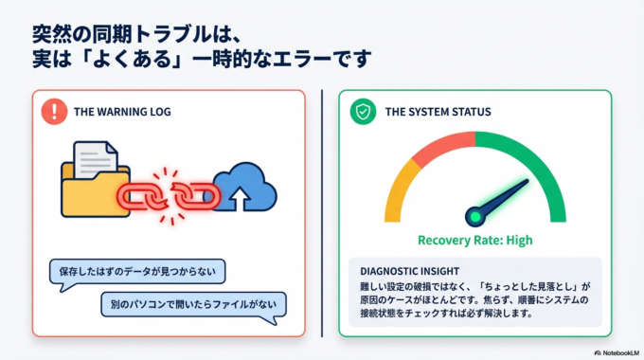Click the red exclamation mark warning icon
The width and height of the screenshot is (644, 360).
coord(56,111)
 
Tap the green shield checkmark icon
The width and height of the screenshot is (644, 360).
coord(361,112)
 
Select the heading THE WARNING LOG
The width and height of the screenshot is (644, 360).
coord(122,112)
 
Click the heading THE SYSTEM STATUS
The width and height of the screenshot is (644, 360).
coord(438,112)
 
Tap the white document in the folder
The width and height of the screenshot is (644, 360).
coord(98,155)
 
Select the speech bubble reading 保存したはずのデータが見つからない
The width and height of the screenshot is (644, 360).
coord(137,273)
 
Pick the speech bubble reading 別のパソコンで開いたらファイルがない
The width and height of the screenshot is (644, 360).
coord(193,305)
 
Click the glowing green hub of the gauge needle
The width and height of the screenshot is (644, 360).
coord(474,217)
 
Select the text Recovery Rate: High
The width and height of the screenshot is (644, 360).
coord(474,240)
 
